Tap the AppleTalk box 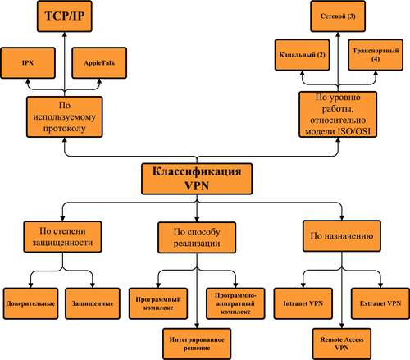[x=99, y=62]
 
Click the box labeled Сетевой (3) [x=339, y=16]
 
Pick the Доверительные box [x=29, y=303]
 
